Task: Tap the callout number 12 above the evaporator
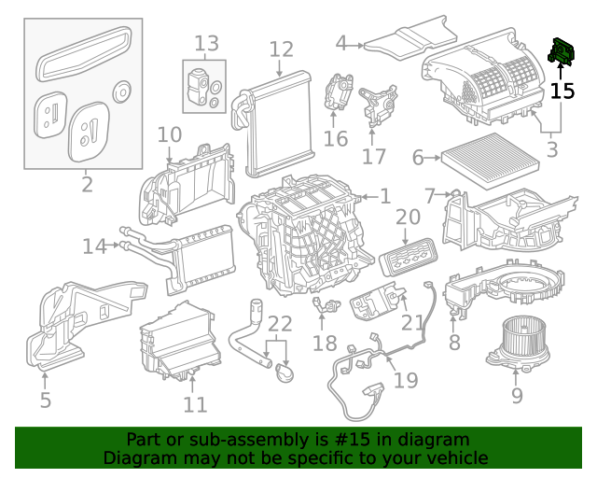[x=281, y=49]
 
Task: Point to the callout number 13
[x=206, y=43]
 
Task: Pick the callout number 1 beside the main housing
[x=384, y=196]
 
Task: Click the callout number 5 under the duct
[x=45, y=402]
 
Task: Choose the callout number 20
[x=408, y=218]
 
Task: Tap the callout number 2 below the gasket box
[x=87, y=184]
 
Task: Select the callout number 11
[x=194, y=405]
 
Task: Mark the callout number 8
[x=454, y=343]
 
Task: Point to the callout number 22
[x=280, y=325]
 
